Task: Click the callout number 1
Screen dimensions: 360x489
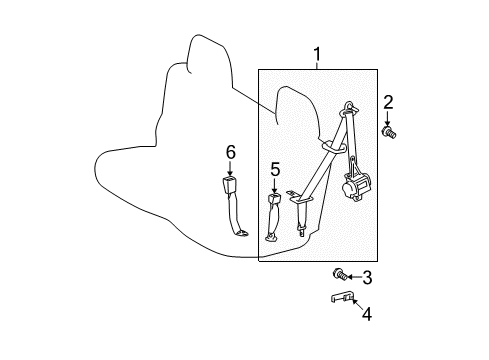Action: tap(317, 53)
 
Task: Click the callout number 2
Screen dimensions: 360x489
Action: tap(388, 100)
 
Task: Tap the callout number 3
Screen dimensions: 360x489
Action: tap(367, 278)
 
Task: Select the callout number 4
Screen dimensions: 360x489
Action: tap(366, 315)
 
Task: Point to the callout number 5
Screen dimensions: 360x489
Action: tap(275, 169)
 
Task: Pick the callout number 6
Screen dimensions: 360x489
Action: tap(230, 152)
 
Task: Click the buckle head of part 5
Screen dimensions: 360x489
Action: tap(275, 200)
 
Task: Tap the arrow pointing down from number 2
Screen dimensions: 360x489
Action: tap(387, 117)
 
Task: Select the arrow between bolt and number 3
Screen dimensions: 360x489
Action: tap(352, 276)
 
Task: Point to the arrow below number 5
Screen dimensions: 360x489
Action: tap(275, 184)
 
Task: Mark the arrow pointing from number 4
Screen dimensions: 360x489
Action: tap(355, 304)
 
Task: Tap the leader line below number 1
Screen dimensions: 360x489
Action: tap(317, 65)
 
